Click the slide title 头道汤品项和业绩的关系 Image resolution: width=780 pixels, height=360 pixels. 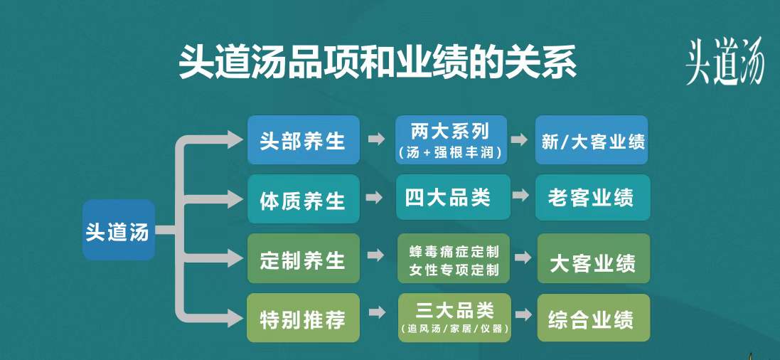pyautogui.click(x=378, y=63)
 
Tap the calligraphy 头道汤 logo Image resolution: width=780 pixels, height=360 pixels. pyautogui.click(x=725, y=63)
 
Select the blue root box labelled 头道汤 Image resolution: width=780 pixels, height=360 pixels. pyautogui.click(x=119, y=230)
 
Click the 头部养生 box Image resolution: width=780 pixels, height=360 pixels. pyautogui.click(x=304, y=140)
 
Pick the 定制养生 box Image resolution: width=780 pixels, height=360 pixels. pyautogui.click(x=304, y=258)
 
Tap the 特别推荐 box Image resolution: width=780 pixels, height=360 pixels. pyautogui.click(x=304, y=318)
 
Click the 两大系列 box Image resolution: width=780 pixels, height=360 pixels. pyautogui.click(x=452, y=140)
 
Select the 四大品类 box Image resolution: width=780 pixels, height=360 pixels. pyautogui.click(x=453, y=197)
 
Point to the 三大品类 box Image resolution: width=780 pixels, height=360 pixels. pyautogui.click(x=454, y=318)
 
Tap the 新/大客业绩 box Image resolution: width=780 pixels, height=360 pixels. pyautogui.click(x=592, y=140)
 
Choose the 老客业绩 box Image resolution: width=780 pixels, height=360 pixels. pyautogui.click(x=593, y=197)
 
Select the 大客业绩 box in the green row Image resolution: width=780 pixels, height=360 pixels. pyautogui.click(x=594, y=258)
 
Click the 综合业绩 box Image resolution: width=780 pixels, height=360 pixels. pyautogui.click(x=594, y=318)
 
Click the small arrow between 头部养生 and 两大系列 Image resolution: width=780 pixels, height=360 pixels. pyautogui.click(x=377, y=139)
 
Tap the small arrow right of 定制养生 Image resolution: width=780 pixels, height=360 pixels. pyautogui.click(x=375, y=255)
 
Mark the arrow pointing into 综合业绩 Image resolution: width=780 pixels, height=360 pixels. pyautogui.click(x=523, y=314)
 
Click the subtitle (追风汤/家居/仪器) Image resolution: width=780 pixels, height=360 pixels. pyautogui.click(x=454, y=329)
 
